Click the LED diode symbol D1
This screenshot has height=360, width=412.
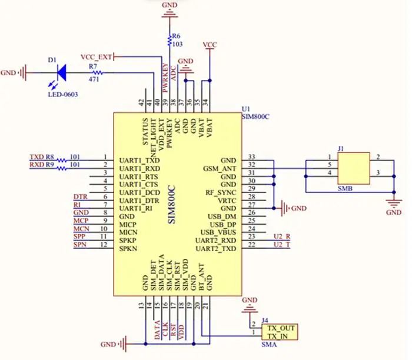click(62, 72)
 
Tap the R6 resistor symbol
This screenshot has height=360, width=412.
click(170, 40)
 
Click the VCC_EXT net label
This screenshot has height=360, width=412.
click(96, 57)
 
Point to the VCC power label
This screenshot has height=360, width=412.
click(210, 45)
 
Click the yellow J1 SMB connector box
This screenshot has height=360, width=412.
click(354, 168)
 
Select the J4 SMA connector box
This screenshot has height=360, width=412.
click(280, 332)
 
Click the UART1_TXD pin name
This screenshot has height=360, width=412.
click(139, 161)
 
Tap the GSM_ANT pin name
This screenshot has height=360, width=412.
click(220, 169)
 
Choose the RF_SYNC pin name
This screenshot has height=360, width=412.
click(221, 193)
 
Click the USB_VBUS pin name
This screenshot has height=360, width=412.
click(218, 232)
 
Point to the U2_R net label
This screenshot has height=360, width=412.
click(282, 236)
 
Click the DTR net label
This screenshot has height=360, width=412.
click(81, 196)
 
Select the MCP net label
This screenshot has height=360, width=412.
click(81, 221)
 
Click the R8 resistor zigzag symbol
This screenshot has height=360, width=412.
click(62, 160)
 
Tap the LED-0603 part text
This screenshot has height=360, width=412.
click(63, 94)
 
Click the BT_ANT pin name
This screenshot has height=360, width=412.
click(201, 277)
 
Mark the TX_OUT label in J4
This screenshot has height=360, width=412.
click(281, 328)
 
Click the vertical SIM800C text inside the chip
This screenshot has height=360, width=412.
click(172, 205)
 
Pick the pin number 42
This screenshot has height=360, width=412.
click(141, 102)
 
